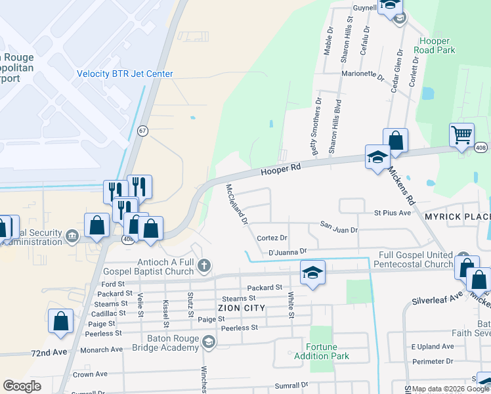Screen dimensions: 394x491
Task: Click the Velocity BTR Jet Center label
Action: click(125, 74)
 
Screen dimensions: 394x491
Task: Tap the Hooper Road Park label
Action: click(437, 45)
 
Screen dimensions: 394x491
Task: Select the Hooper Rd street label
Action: click(280, 169)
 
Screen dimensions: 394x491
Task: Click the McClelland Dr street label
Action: click(236, 204)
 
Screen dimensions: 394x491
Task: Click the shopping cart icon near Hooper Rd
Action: click(462, 135)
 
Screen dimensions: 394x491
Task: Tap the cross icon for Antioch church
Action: click(204, 265)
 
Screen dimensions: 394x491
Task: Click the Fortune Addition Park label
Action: click(327, 351)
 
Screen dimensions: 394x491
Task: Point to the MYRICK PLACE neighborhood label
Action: click(457, 217)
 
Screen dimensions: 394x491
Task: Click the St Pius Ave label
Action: click(392, 213)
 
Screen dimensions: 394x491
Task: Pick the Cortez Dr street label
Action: click(272, 238)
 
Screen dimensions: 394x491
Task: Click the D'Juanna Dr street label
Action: click(288, 251)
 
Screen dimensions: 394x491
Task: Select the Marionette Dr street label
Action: click(362, 76)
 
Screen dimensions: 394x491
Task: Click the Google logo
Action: click(22, 386)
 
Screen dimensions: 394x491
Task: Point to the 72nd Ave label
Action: click(49, 353)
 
